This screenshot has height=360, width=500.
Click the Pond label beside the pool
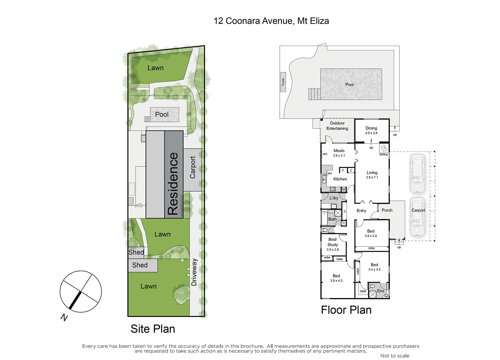tap(283, 82)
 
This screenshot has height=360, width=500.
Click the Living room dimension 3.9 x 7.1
tap(372, 177)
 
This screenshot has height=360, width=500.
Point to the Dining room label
tap(371, 128)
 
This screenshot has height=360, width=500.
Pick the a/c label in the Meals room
tap(325, 154)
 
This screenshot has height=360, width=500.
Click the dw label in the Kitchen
tap(330, 173)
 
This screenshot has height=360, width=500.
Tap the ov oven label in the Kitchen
tap(343, 190)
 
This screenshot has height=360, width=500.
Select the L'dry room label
tap(334, 198)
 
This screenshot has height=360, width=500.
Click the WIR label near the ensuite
tap(363, 291)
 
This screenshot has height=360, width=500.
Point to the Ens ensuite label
tap(381, 291)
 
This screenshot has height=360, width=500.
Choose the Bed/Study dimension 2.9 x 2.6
tap(332, 249)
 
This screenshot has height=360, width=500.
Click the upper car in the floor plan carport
tap(417, 173)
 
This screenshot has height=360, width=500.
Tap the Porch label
tap(387, 210)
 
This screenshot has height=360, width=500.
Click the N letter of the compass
tap(64, 318)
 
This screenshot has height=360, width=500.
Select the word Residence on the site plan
tap(173, 184)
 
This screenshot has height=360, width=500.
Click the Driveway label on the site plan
tap(194, 272)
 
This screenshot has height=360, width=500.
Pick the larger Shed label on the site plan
tap(140, 265)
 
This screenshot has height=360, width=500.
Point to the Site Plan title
tap(153, 329)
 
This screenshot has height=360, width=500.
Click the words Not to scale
tap(395, 356)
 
